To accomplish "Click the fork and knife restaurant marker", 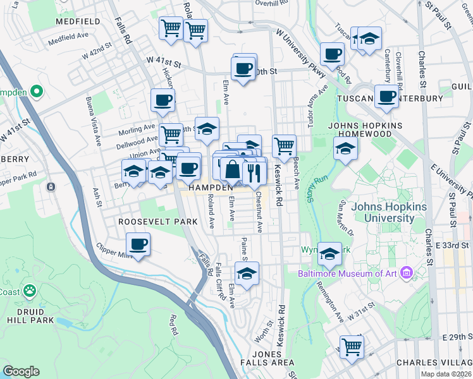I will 254,173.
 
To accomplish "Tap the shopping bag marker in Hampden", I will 233,170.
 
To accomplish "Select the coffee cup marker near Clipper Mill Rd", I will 138,244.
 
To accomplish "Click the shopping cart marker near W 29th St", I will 352,346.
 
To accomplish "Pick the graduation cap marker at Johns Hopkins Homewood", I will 345,149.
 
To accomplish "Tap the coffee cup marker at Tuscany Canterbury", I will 386,97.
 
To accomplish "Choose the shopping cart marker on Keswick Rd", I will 285,146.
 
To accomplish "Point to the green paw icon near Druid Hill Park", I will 29,291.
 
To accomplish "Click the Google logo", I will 21,371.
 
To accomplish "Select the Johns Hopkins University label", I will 379,212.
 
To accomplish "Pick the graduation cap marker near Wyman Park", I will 329,254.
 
